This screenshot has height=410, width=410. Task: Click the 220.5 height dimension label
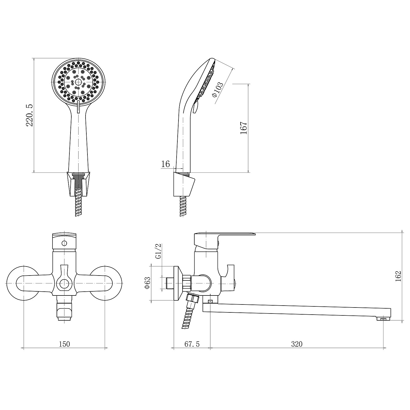point(30,115)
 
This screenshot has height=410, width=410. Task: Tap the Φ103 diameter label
point(218,88)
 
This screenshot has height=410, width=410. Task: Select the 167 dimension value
point(243,128)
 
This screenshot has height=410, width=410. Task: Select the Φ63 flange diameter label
point(147,283)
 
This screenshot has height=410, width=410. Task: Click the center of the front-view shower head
point(78,82)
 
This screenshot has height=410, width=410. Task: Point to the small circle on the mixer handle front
point(65,243)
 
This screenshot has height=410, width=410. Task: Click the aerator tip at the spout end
point(384,318)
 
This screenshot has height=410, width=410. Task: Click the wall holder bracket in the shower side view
point(184,184)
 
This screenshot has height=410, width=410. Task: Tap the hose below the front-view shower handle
point(78,202)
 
